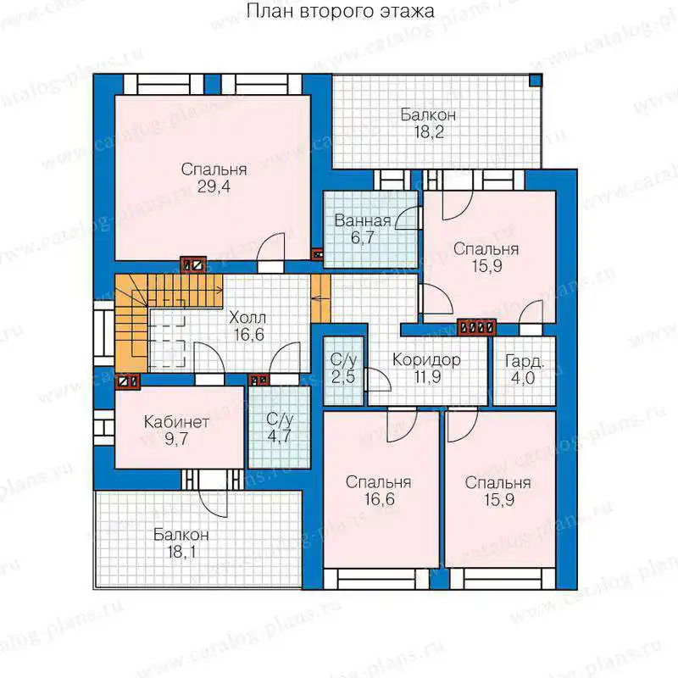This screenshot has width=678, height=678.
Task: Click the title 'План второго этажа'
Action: [x=341, y=11]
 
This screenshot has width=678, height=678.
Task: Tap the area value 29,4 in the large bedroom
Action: [x=214, y=186]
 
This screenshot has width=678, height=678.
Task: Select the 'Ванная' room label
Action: [x=363, y=221]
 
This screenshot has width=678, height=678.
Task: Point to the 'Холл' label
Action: [x=247, y=318]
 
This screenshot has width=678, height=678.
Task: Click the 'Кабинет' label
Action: [x=176, y=421]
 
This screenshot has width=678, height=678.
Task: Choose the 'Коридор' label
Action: [x=426, y=359]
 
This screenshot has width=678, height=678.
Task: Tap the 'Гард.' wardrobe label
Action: [x=524, y=362]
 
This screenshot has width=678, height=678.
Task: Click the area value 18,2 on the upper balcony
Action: [x=429, y=132]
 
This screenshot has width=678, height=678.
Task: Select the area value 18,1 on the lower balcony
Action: [x=181, y=552]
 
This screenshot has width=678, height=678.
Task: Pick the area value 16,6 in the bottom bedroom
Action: [x=379, y=499]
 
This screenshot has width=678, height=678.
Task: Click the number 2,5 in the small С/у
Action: [x=343, y=376]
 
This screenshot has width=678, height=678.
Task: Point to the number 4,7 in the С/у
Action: [x=280, y=436]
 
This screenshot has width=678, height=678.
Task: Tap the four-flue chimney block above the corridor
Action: [x=476, y=327]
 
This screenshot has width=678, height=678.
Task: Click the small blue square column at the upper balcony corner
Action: [x=536, y=80]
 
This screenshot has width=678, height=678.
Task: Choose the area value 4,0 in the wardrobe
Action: [x=523, y=378]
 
